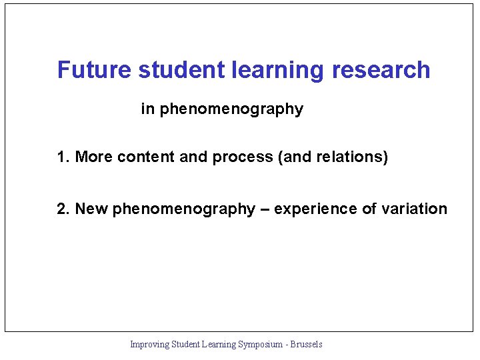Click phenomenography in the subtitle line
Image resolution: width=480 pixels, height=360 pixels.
click(231, 109)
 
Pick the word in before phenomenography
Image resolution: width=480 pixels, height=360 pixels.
click(147, 109)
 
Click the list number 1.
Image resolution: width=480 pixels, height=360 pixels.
click(63, 157)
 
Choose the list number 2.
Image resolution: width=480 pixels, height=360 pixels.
click(63, 209)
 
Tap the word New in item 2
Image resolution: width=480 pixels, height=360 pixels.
click(92, 209)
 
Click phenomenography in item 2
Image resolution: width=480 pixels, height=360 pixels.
click(184, 210)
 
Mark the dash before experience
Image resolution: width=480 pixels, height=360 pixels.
click(265, 209)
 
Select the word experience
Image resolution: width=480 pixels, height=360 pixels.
click(316, 210)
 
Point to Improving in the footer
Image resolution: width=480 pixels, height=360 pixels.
click(149, 345)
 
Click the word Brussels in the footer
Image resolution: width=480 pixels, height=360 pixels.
click(305, 345)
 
